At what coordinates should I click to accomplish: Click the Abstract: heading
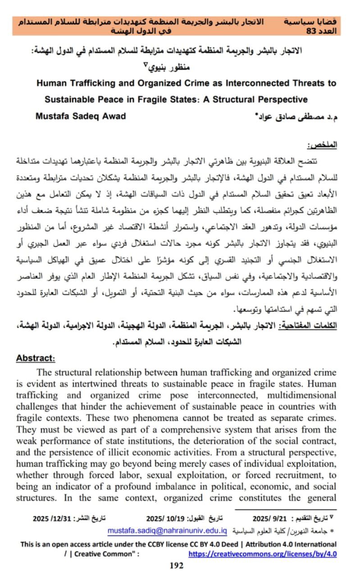[x=36, y=358]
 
